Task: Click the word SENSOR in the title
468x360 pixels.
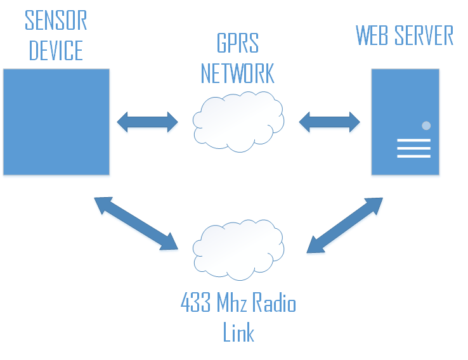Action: pos(56,20)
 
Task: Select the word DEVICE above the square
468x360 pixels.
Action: pos(56,51)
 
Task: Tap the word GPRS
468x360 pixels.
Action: pos(238,44)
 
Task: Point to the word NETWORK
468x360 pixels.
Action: pos(238,73)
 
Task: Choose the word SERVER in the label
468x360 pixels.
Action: pos(424,35)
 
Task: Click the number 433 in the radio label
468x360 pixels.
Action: pos(196,304)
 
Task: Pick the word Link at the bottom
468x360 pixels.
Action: pos(238,333)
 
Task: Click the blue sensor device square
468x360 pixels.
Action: pos(56,122)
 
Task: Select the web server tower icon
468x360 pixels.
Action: pos(405,122)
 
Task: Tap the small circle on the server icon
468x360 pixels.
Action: pos(426,125)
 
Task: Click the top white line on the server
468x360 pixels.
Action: pos(413,141)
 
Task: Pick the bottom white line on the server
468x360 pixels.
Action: pos(413,156)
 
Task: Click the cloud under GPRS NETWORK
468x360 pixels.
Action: pos(238,121)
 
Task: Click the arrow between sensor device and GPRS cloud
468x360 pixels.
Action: pos(148,122)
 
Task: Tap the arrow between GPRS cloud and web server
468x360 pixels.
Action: pos(329,122)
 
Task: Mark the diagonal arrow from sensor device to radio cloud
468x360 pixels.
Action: pos(136,223)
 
